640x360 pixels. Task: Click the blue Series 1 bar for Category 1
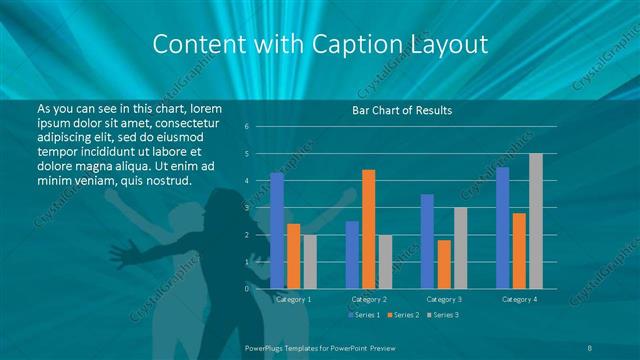[277, 230]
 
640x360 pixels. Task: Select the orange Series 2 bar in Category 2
[369, 229]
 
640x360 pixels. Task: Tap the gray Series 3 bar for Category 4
[536, 221]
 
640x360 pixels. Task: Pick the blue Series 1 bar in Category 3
[427, 241]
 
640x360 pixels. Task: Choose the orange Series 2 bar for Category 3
[444, 264]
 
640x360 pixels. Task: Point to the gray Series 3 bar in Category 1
[310, 262]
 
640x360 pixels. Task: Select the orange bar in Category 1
[293, 256]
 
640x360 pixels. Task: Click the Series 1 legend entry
[364, 316]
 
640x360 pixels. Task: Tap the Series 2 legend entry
[403, 316]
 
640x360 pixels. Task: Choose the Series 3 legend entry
[442, 316]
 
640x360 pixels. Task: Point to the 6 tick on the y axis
[247, 127]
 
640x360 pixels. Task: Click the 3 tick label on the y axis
[247, 208]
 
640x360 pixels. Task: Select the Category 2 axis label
[369, 299]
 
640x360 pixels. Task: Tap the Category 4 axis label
[519, 299]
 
